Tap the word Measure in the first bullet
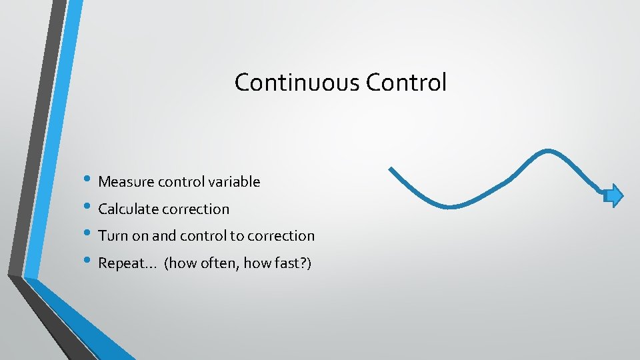[126, 181]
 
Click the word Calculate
[128, 209]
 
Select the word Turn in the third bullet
[110, 236]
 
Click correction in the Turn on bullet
[282, 236]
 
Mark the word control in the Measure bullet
[180, 181]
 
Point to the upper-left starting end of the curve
[391, 169]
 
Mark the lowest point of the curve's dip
[454, 205]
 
